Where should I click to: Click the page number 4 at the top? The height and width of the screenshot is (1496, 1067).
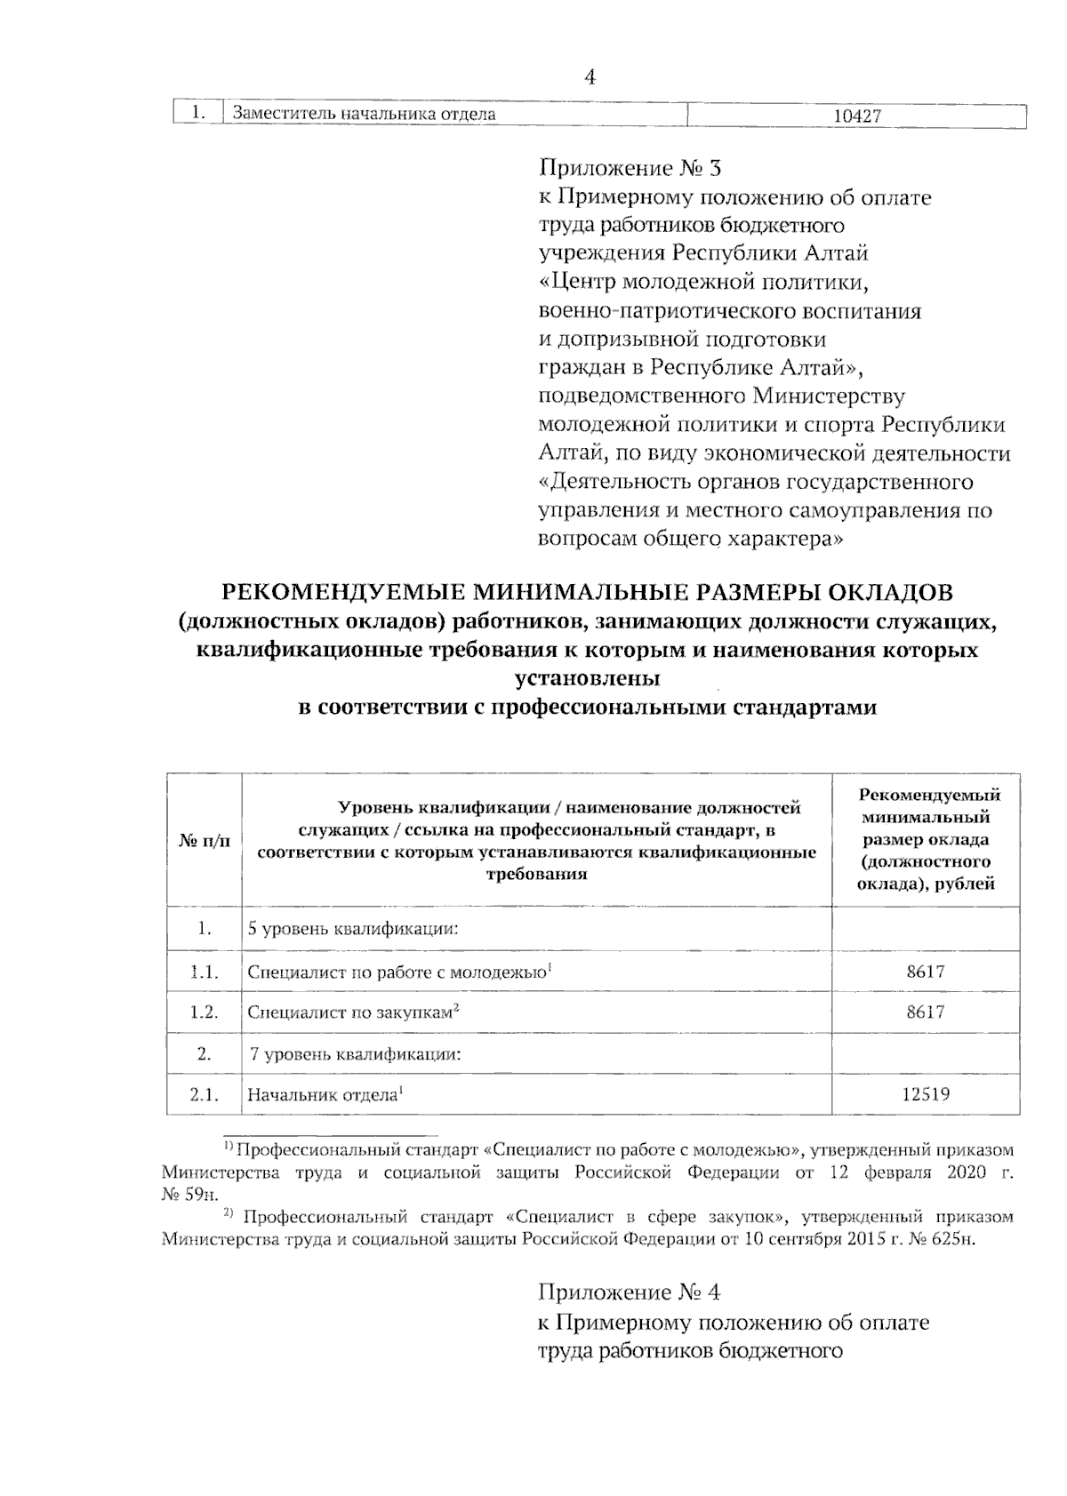click(x=589, y=78)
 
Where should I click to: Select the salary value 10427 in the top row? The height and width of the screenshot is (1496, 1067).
click(x=858, y=116)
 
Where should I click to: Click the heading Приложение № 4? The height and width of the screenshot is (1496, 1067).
click(x=635, y=1292)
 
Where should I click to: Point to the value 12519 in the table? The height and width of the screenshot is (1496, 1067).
click(x=926, y=1094)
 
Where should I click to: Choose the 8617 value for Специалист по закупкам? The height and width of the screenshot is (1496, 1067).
click(x=926, y=1012)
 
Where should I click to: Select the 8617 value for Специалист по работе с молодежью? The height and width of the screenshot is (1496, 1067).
click(x=926, y=971)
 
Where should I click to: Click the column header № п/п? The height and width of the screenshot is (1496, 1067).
click(x=205, y=841)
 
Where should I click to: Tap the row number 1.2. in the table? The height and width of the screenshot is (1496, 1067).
click(x=205, y=1012)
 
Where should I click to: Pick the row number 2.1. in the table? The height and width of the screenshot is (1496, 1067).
click(x=205, y=1094)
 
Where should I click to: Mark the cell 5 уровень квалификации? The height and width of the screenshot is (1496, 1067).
click(x=353, y=930)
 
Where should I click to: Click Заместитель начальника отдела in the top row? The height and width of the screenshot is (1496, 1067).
click(x=364, y=115)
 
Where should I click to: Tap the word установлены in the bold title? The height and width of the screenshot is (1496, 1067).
click(x=588, y=679)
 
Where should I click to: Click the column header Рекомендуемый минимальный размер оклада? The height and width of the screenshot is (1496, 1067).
click(x=926, y=839)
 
